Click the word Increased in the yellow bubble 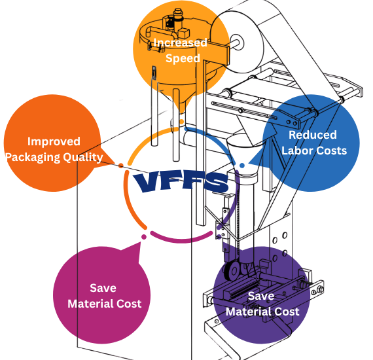180,43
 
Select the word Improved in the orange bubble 54,141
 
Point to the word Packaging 35,157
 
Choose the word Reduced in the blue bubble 313,135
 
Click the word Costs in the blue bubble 332,151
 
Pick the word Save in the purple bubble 262,296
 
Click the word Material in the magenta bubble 91,304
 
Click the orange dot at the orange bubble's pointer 121,164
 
